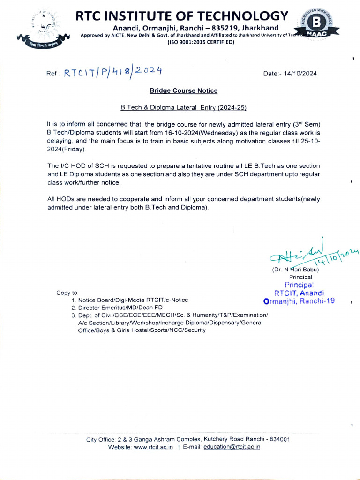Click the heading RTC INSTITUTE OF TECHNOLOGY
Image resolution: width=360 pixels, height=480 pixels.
click(x=182, y=16)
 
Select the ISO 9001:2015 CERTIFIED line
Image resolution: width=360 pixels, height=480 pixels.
click(x=201, y=42)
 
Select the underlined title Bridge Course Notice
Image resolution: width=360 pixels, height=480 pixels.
click(x=183, y=90)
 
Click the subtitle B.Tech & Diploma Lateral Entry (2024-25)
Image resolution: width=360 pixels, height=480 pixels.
click(x=183, y=107)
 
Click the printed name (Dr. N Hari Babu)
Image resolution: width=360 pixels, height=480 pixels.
click(x=295, y=270)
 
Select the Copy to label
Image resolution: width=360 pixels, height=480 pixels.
click(x=67, y=292)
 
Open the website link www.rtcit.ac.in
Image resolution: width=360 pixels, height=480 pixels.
click(x=153, y=447)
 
